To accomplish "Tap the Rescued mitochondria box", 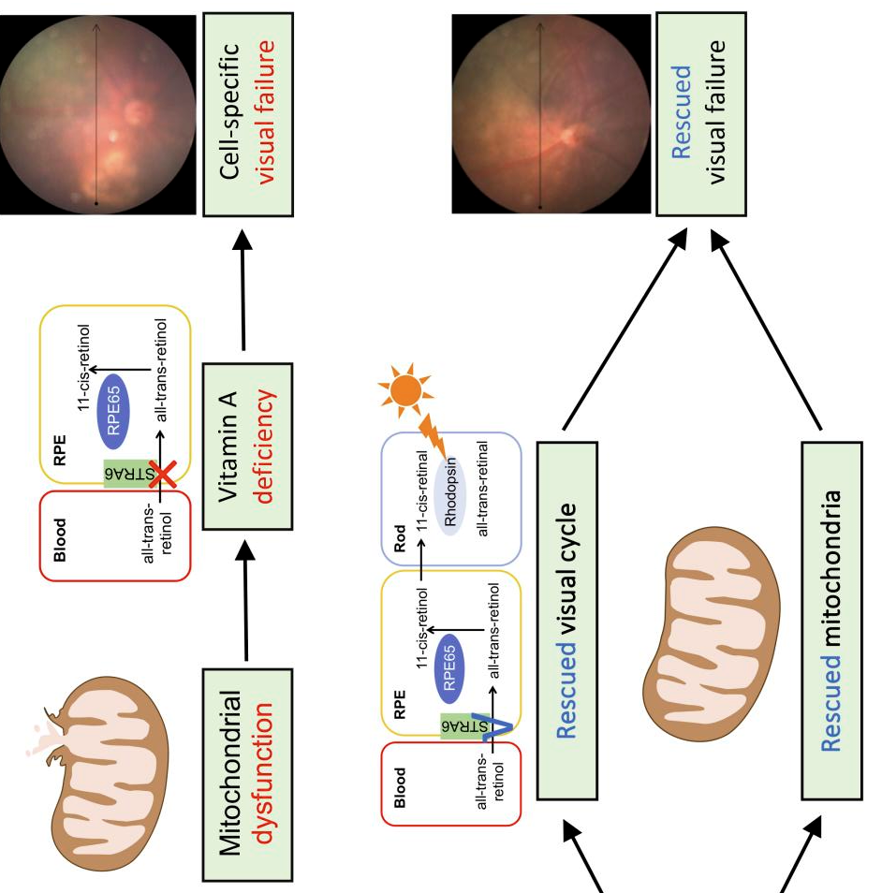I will (x=838, y=619).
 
